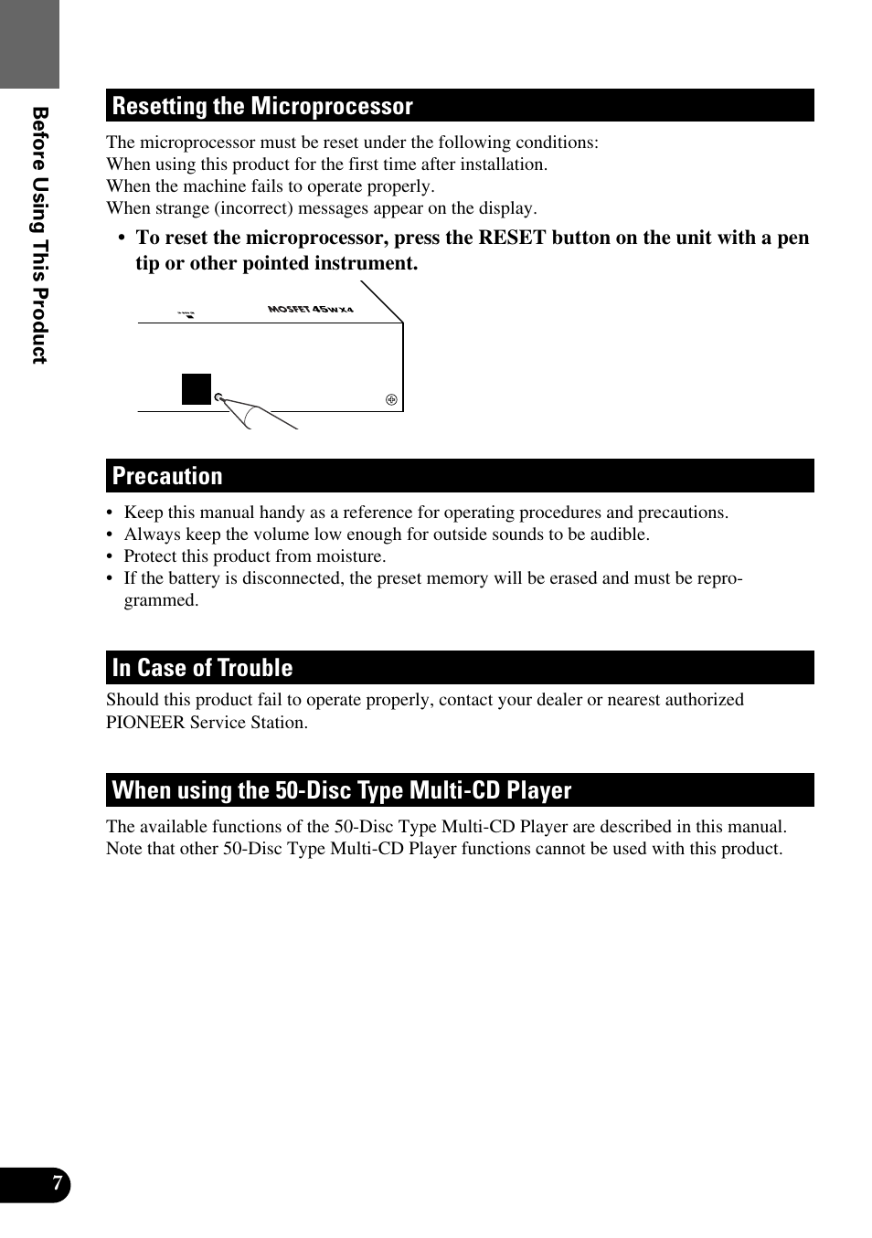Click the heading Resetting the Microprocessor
coord(262,106)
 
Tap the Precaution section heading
coord(167,476)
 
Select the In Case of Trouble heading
coord(202,668)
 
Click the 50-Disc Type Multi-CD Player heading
coord(341,790)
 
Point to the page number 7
coord(57,1184)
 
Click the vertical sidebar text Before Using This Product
coord(39,235)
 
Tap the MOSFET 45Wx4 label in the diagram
coord(310,310)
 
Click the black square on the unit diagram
coord(197,389)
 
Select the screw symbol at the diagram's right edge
coord(391,399)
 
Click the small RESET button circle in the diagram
coord(218,397)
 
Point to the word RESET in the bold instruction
coord(512,238)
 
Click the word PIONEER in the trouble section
coord(145,722)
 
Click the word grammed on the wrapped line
coord(161,600)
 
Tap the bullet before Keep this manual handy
coord(110,513)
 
